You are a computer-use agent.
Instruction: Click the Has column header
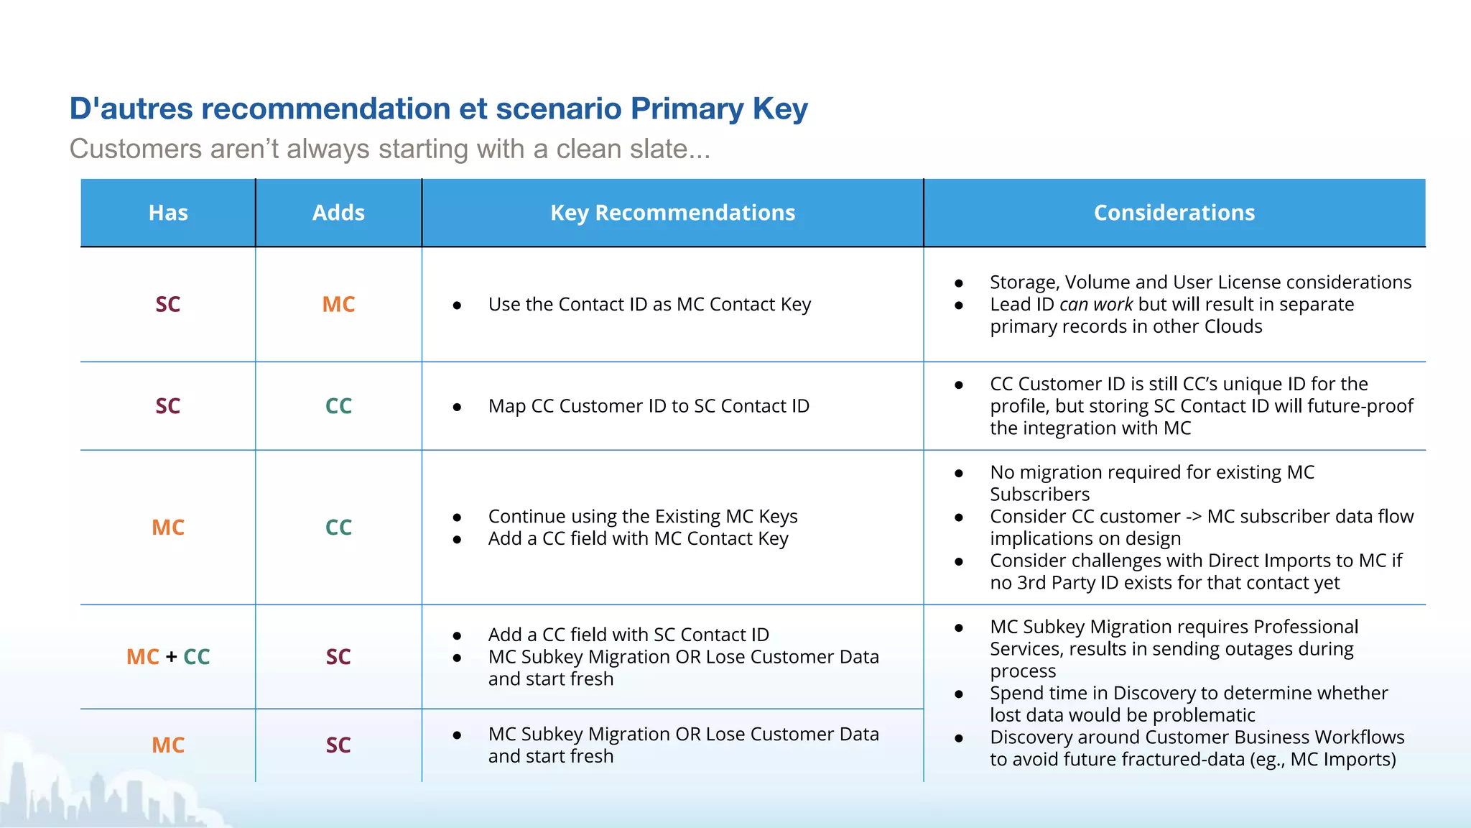168,213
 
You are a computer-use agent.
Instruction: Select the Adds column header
338,213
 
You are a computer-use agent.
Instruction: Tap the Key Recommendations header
672,213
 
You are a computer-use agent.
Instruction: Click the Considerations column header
1174,213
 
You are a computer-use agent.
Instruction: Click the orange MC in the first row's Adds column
338,304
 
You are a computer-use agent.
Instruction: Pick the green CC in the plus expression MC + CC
197,657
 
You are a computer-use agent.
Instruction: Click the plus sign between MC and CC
171,657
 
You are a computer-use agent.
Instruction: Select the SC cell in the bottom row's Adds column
338,745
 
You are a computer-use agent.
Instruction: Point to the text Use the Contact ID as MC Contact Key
649,305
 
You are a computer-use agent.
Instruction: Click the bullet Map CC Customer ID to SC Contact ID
649,406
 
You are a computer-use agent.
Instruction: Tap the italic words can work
1095,305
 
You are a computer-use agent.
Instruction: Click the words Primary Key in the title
718,109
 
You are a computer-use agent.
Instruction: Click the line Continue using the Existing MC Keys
642,517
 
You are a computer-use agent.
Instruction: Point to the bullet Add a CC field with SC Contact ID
628,635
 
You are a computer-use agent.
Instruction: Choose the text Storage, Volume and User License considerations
1200,282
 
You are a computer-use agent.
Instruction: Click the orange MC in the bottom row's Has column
168,745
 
